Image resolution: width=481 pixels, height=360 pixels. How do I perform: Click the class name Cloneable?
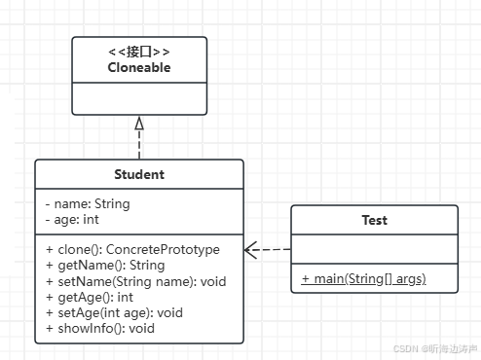click(x=139, y=68)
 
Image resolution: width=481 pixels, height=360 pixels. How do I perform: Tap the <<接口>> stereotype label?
click(x=139, y=52)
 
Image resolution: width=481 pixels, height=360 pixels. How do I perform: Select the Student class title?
click(x=139, y=175)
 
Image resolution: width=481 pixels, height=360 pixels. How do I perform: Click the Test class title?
click(x=374, y=220)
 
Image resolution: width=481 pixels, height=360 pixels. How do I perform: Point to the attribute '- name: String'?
click(x=88, y=204)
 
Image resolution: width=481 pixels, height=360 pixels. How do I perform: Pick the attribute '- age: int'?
click(x=73, y=220)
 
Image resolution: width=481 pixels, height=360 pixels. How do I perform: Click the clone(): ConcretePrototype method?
click(x=132, y=249)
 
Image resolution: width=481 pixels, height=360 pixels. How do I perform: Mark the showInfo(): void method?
click(x=101, y=329)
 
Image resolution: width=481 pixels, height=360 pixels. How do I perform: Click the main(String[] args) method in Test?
click(x=363, y=279)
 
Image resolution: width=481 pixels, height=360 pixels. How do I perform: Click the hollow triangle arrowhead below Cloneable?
click(x=139, y=123)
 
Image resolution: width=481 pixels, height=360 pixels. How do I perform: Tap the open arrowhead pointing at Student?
click(x=251, y=250)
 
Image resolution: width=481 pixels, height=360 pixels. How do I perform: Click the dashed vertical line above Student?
click(x=139, y=146)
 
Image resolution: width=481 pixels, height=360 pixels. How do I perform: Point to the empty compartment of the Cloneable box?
click(x=139, y=98)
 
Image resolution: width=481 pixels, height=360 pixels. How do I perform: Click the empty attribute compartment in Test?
click(x=374, y=250)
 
